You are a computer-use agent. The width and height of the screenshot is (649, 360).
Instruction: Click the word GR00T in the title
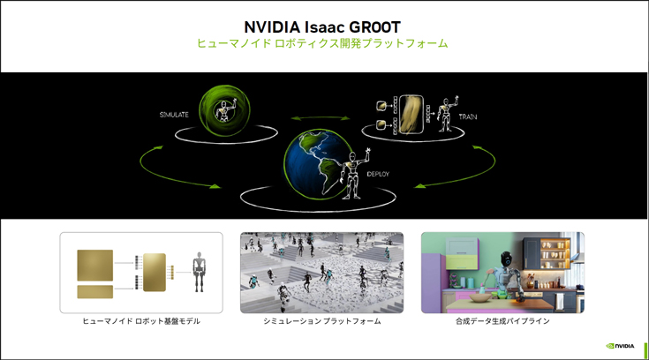375,27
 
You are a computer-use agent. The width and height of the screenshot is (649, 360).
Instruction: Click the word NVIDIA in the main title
272,27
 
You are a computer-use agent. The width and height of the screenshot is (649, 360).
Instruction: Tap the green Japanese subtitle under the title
322,43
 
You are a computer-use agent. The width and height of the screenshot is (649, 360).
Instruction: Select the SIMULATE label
174,115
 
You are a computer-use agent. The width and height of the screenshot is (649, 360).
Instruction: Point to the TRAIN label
468,117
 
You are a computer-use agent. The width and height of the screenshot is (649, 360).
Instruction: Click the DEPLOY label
378,174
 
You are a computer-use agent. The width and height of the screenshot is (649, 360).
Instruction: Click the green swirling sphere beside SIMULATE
224,110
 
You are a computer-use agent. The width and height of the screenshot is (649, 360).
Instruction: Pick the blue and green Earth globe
318,162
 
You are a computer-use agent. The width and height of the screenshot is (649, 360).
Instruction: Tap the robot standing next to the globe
353,174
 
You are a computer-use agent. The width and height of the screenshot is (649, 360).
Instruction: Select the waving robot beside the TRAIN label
448,114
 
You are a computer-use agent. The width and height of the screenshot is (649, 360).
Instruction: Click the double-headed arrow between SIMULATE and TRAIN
320,119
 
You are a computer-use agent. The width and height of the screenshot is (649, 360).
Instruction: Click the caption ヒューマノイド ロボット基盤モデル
141,321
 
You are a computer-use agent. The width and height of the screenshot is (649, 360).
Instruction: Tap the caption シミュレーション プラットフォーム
322,321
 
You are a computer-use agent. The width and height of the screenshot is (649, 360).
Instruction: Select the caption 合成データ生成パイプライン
502,321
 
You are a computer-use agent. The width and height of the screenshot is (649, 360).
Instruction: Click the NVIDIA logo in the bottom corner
620,346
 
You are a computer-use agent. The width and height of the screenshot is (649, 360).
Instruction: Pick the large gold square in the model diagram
94,266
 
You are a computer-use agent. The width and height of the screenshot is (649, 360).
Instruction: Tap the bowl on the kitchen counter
480,298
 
